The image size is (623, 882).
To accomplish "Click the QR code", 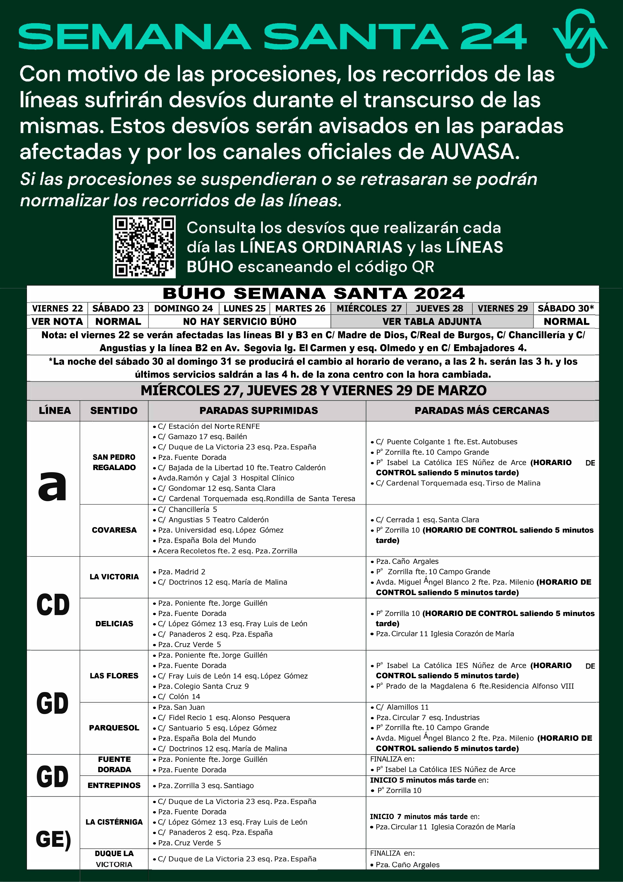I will point(144,247).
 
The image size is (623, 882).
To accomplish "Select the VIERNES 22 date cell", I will point(57,309).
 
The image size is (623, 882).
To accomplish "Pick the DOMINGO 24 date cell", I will point(183,309).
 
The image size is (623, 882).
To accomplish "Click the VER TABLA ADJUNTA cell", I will point(432,321).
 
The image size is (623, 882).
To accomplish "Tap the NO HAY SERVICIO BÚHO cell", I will point(240,321).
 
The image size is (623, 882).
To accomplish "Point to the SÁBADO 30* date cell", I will point(566,309).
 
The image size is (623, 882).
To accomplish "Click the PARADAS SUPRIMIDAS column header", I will point(258,410).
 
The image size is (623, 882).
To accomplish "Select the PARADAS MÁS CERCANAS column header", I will point(482,410).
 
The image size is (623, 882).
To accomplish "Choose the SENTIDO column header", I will point(114,410).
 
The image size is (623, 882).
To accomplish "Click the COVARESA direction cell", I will point(114,530).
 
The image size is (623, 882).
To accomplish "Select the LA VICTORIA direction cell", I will point(114,577).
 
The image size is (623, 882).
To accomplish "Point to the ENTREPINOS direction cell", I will point(114,785).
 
